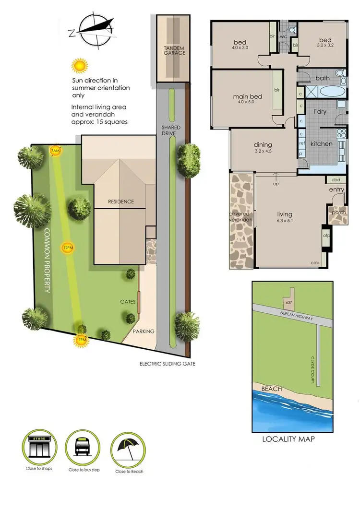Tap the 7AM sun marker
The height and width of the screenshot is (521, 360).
coord(56,151)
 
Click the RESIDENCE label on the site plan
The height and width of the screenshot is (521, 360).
coord(121,201)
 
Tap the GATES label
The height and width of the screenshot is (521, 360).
coord(128,302)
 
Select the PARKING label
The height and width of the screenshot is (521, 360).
coord(144,331)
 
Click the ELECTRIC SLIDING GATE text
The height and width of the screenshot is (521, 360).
coord(167,364)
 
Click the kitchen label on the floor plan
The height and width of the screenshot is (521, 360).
coord(321,143)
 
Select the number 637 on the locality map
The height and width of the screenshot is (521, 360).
coord(288,302)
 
